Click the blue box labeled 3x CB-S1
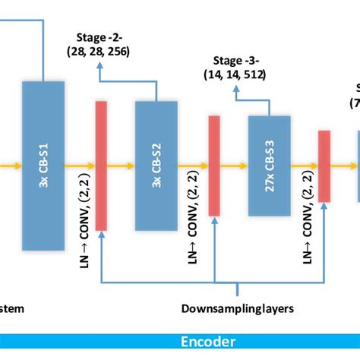click(43, 165)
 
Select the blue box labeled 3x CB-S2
click(156, 165)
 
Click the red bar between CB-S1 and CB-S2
click(101, 165)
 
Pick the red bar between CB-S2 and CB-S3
click(214, 165)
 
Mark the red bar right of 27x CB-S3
click(324, 165)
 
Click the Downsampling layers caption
click(237, 308)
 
